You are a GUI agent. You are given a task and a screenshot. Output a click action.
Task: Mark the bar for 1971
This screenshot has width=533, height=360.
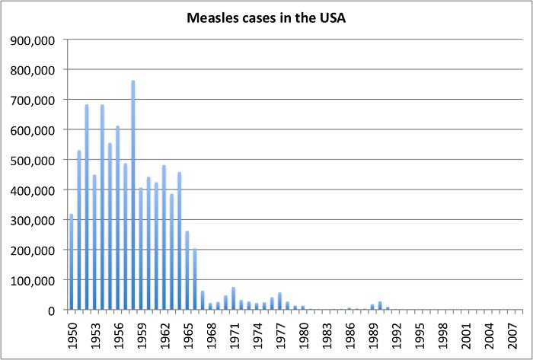click(233, 298)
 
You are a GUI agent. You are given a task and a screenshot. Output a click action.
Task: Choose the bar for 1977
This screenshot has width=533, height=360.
click(279, 301)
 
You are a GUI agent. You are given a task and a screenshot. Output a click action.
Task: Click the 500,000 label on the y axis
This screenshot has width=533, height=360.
click(35, 160)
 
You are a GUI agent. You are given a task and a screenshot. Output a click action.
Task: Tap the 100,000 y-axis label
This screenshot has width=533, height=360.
click(35, 280)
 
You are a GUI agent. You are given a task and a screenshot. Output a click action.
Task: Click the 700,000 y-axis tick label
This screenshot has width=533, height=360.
click(35, 100)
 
